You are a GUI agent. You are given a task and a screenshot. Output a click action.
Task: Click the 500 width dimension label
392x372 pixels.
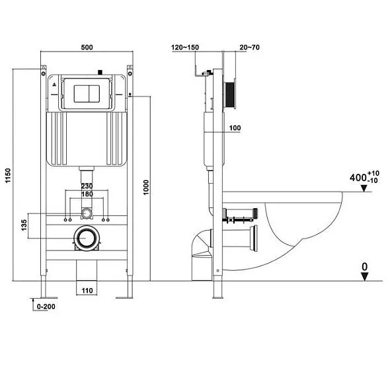(x=87, y=48)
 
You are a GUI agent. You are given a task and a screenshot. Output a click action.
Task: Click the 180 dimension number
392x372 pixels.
(x=87, y=195)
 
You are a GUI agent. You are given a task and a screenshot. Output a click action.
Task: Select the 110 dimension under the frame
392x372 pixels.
(x=87, y=290)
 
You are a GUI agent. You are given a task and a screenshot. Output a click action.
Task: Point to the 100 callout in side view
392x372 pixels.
(x=236, y=128)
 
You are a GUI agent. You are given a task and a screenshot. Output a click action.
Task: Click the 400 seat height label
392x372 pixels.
(x=358, y=178)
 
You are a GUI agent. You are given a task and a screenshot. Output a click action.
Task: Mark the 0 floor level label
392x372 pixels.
(x=364, y=266)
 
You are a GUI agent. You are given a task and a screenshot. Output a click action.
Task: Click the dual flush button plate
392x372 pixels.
(x=87, y=93)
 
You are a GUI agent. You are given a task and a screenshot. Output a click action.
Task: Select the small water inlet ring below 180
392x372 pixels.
(x=87, y=213)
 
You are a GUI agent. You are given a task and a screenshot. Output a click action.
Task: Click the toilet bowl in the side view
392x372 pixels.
(x=304, y=225)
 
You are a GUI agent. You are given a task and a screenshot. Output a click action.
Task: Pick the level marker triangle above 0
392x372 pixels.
(x=364, y=277)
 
